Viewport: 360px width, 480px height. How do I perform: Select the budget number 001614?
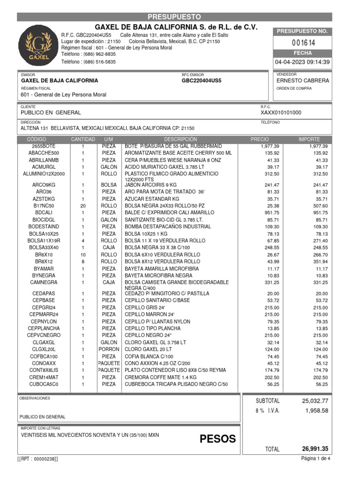click(303, 43)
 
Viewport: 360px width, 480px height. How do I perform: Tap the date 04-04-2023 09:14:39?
click(302, 62)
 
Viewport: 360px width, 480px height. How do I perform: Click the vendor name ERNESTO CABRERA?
click(303, 80)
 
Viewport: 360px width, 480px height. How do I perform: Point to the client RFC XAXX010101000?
click(281, 112)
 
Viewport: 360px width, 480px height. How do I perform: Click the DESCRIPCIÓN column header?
click(180, 140)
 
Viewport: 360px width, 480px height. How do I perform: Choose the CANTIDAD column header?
click(83, 140)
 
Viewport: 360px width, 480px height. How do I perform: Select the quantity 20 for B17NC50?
click(83, 205)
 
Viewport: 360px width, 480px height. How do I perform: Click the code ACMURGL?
click(44, 167)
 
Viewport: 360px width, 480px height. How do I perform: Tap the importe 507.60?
click(318, 205)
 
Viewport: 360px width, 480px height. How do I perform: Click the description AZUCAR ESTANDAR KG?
click(152, 198)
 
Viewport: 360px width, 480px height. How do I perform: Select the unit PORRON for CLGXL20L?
click(109, 349)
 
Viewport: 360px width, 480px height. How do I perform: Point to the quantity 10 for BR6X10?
click(83, 255)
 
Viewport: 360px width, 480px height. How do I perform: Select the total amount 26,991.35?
click(315, 449)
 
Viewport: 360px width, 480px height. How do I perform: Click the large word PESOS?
click(217, 439)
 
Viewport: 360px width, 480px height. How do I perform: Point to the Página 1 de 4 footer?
click(315, 458)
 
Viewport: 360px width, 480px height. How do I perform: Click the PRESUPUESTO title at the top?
click(174, 17)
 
